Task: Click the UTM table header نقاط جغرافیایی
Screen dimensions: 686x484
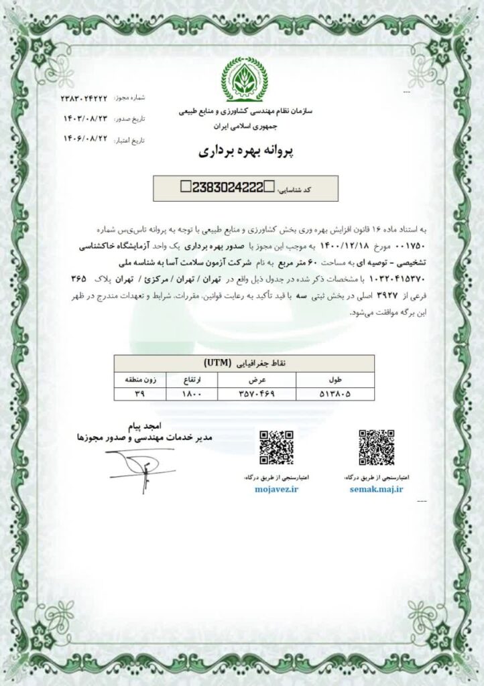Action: tap(243, 364)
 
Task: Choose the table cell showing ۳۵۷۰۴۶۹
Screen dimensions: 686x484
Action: tap(239, 395)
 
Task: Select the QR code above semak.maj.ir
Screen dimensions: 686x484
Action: tap(375, 447)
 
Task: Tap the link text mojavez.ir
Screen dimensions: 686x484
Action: tap(277, 490)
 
